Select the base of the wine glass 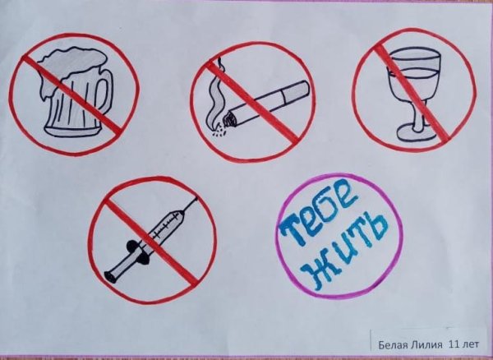click(x=408, y=135)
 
